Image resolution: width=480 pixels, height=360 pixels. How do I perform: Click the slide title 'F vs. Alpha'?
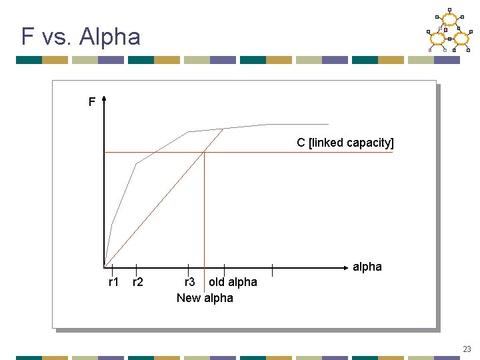pyautogui.click(x=81, y=36)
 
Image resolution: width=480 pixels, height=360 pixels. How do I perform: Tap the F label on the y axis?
pyautogui.click(x=92, y=102)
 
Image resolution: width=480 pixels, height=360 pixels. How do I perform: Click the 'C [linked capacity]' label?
pyautogui.click(x=345, y=143)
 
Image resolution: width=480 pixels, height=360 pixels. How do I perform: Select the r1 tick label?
pyautogui.click(x=113, y=282)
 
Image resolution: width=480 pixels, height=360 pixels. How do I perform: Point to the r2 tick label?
pyautogui.click(x=137, y=282)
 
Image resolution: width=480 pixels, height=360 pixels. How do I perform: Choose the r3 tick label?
pyautogui.click(x=190, y=282)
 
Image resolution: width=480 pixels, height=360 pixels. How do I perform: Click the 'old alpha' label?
pyautogui.click(x=233, y=282)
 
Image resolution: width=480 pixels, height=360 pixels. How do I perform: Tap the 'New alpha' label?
pyautogui.click(x=205, y=298)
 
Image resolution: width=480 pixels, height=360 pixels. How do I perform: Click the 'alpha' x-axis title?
pyautogui.click(x=367, y=267)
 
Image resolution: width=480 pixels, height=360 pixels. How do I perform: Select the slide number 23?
pyautogui.click(x=467, y=349)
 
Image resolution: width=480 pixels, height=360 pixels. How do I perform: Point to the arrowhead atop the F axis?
pyautogui.click(x=105, y=99)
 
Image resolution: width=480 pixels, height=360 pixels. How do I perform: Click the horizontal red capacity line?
pyautogui.click(x=300, y=153)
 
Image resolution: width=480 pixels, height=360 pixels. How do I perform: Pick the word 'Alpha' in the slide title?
pyautogui.click(x=109, y=36)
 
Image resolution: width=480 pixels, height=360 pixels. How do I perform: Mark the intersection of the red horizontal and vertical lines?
pyautogui.click(x=204, y=153)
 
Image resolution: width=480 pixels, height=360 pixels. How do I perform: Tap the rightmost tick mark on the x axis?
pyautogui.click(x=272, y=269)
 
